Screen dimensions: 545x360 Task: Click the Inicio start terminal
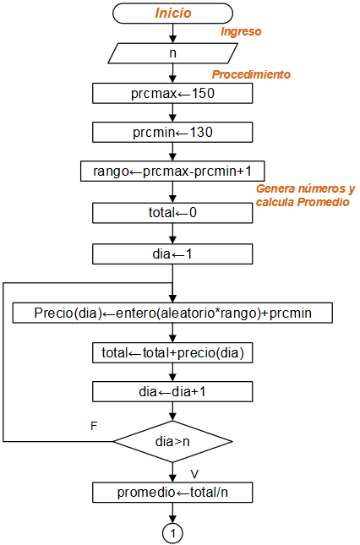[172, 14]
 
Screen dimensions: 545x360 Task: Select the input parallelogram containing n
[172, 52]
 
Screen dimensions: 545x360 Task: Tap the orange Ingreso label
[241, 32]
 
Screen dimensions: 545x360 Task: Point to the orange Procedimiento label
[251, 74]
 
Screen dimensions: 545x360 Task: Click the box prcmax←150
[172, 93]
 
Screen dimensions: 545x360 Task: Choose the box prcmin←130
[172, 132]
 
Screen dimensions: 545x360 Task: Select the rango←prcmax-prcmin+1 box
[172, 171]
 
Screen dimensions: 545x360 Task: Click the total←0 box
[172, 212]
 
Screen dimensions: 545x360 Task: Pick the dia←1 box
[172, 253]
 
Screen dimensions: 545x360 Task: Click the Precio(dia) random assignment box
[172, 313]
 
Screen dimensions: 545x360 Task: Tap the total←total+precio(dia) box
[172, 352]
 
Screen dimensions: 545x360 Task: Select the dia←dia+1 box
[172, 391]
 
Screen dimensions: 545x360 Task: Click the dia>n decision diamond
[172, 440]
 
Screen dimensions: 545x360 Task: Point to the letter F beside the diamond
[94, 426]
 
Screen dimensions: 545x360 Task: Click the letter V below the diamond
[194, 473]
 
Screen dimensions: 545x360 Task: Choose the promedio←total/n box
[172, 492]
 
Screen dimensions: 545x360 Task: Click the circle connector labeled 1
[172, 533]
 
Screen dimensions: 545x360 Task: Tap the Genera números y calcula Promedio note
[305, 196]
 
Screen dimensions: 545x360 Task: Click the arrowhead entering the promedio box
[172, 478]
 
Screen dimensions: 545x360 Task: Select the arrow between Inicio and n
[172, 33]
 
